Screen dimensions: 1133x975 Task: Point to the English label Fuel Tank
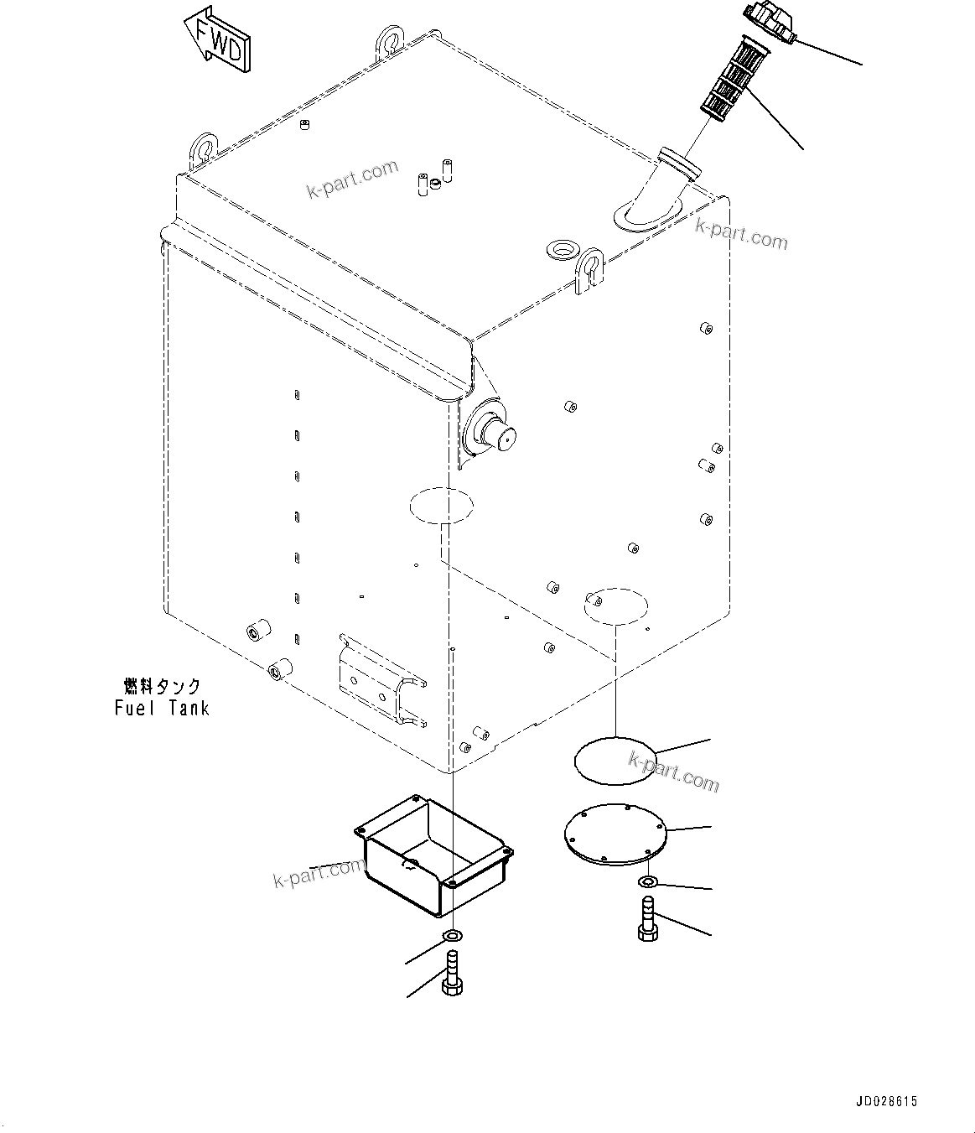[x=162, y=708]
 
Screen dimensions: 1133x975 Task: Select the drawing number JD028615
[x=886, y=1102]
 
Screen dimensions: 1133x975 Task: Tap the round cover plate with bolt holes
[x=615, y=835]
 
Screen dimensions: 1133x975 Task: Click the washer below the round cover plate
[x=647, y=881]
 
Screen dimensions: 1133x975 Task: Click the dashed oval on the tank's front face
[x=441, y=505]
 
